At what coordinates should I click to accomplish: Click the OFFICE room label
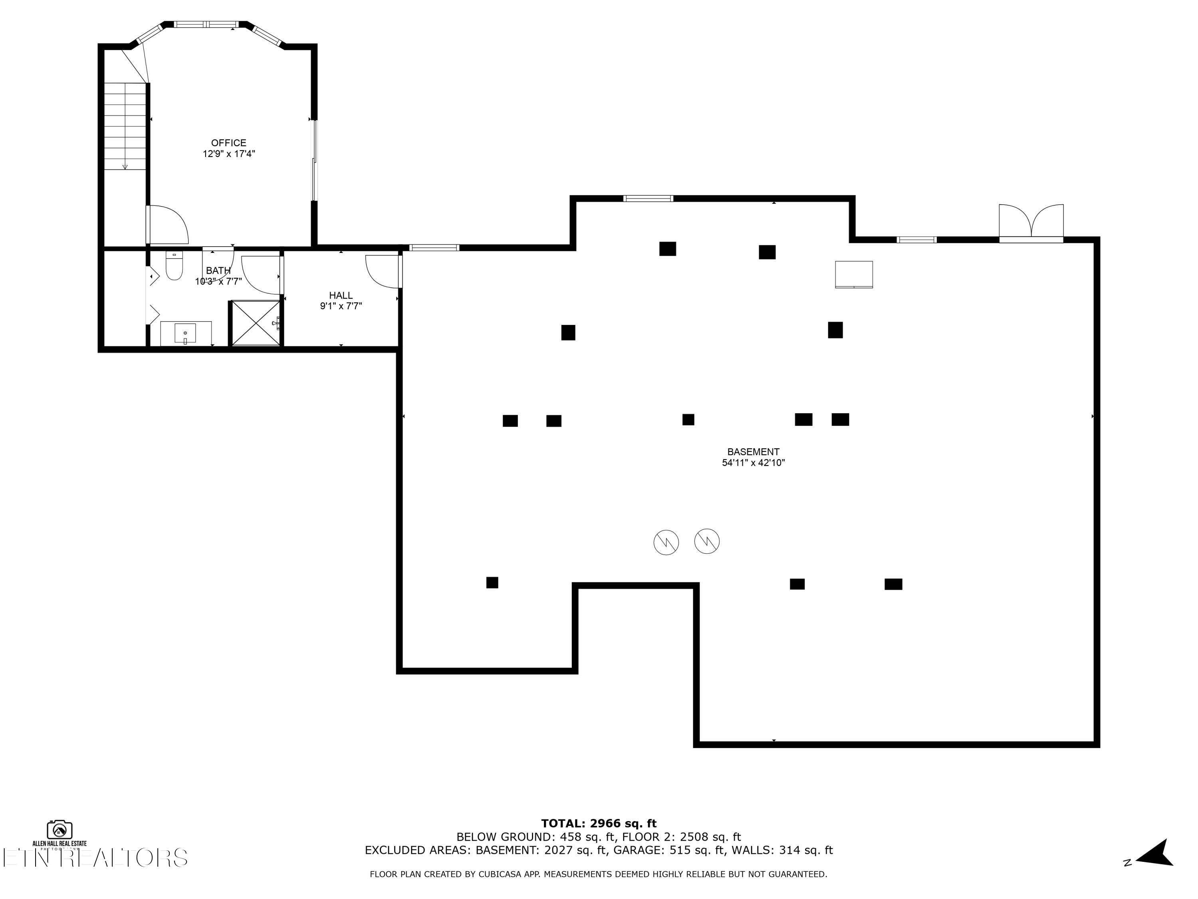pos(228,143)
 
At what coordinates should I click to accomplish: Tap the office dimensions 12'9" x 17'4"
pos(228,154)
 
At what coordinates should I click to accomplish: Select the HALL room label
pos(341,295)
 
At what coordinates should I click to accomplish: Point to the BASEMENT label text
pos(753,452)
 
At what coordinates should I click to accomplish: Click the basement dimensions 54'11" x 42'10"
pos(753,463)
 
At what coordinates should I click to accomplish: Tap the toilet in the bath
pos(174,266)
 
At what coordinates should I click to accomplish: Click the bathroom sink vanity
pos(186,333)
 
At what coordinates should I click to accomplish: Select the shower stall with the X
pos(255,323)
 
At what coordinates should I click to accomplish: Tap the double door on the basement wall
pos(1031,222)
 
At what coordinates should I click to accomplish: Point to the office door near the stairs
pos(167,225)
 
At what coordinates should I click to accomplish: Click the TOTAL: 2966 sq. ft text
pos(599,823)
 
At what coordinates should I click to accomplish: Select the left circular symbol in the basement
pos(666,542)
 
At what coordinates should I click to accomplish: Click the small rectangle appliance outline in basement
pos(853,274)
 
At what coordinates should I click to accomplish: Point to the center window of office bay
pos(206,24)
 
